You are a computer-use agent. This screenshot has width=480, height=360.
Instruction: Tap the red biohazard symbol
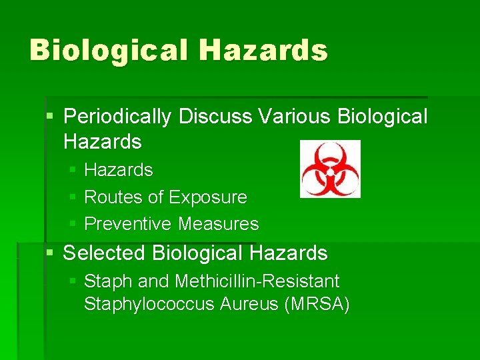pyautogui.click(x=330, y=169)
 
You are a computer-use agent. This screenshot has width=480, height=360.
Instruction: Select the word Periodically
pyautogui.click(x=117, y=117)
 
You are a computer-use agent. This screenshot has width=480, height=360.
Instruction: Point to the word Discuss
pyautogui.click(x=214, y=117)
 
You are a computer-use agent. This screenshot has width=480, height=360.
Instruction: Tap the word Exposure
pyautogui.click(x=208, y=197)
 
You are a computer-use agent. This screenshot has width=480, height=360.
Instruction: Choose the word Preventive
pyautogui.click(x=129, y=224)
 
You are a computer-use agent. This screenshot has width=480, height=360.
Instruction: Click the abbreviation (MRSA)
pyautogui.click(x=317, y=305)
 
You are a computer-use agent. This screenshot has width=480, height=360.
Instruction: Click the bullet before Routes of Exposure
pyautogui.click(x=73, y=198)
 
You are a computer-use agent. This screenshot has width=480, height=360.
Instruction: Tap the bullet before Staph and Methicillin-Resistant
pyautogui.click(x=73, y=282)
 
